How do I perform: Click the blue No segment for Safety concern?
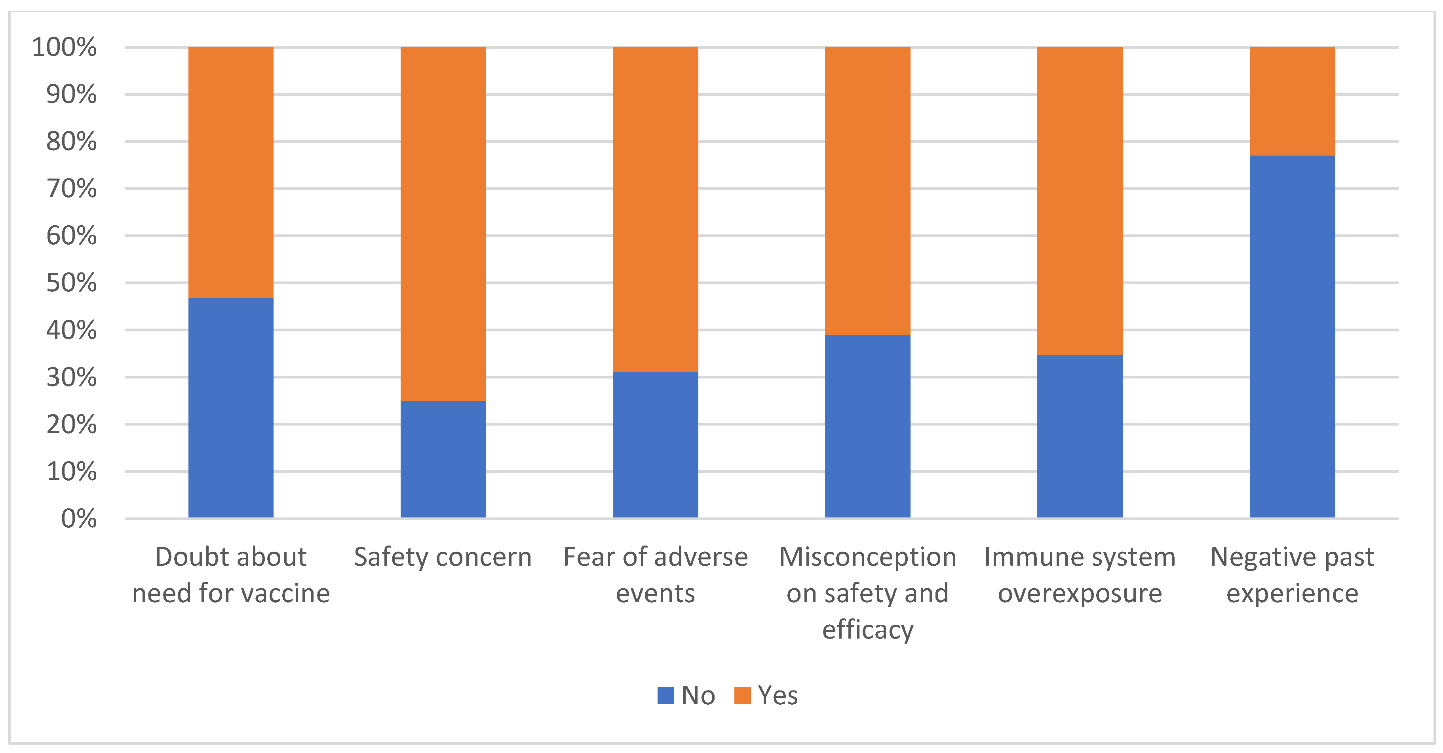[443, 459]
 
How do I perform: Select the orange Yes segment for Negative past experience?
[1292, 101]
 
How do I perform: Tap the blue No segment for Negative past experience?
[1292, 336]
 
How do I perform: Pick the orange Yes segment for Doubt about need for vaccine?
[231, 172]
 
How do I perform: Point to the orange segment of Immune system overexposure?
[1080, 201]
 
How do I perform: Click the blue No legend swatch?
[665, 695]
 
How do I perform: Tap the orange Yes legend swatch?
[742, 695]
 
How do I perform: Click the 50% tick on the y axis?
[71, 283]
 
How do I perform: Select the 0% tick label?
[78, 519]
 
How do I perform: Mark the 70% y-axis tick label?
[71, 189]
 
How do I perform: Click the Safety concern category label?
[443, 557]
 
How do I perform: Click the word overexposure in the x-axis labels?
[1080, 593]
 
